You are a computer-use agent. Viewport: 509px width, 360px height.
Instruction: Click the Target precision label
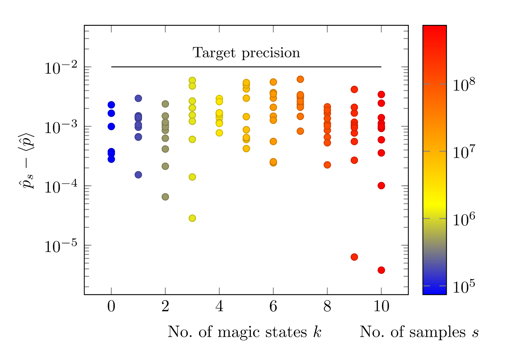pyautogui.click(x=246, y=53)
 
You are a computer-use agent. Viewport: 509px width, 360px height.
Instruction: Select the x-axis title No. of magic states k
pyautogui.click(x=244, y=332)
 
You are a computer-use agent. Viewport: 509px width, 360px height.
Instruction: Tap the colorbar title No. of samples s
pyautogui.click(x=419, y=332)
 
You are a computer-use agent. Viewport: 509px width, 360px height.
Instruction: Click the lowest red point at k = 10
pyautogui.click(x=381, y=270)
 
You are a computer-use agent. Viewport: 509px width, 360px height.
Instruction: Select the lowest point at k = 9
pyautogui.click(x=354, y=257)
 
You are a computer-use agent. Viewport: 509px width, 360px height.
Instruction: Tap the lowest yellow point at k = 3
pyautogui.click(x=192, y=218)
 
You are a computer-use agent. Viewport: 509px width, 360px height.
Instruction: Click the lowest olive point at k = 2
pyautogui.click(x=165, y=197)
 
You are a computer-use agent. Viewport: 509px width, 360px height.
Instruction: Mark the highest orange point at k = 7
pyautogui.click(x=300, y=79)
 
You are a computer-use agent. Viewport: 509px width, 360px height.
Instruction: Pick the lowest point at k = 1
pyautogui.click(x=138, y=175)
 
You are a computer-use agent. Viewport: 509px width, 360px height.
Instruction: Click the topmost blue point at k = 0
pyautogui.click(x=111, y=105)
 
